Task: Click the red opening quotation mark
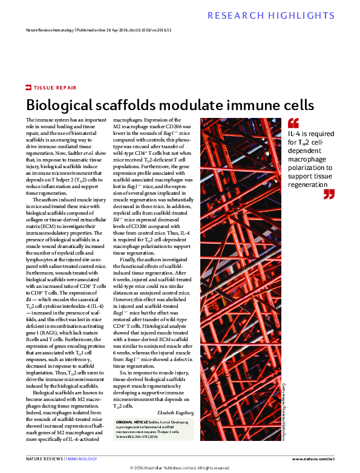(293, 123)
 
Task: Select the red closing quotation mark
(329, 194)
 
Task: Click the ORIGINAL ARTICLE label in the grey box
(129, 420)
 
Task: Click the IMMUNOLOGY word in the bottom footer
(82, 459)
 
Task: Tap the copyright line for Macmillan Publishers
(180, 468)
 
